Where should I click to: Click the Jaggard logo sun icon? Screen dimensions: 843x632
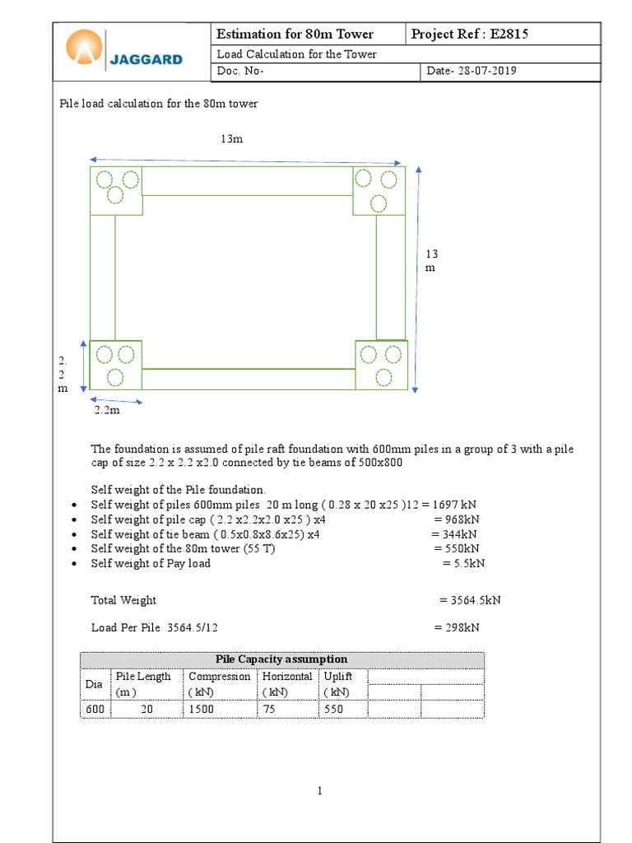click(x=86, y=49)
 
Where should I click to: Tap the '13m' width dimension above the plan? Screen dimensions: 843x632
click(x=231, y=139)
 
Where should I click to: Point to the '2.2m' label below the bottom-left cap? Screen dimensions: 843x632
click(x=107, y=409)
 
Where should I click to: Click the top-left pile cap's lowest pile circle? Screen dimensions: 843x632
click(x=115, y=195)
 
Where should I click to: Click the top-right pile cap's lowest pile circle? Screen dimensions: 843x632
click(x=379, y=203)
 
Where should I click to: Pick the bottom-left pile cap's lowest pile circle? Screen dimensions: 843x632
click(x=115, y=377)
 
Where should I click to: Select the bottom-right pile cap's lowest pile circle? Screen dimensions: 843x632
click(x=383, y=377)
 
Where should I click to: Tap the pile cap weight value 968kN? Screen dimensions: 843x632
click(x=456, y=519)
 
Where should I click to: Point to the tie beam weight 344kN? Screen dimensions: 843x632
click(x=451, y=533)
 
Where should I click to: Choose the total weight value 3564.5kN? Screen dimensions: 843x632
click(x=470, y=600)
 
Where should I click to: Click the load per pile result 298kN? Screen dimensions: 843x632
click(x=457, y=627)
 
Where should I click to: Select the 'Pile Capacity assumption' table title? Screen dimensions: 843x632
click(x=281, y=659)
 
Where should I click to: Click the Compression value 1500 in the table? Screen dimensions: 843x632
click(x=203, y=709)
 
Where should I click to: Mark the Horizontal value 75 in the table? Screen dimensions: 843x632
click(x=270, y=709)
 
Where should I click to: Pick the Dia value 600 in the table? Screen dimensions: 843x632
click(x=95, y=709)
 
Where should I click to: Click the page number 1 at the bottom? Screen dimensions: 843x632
click(x=320, y=791)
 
